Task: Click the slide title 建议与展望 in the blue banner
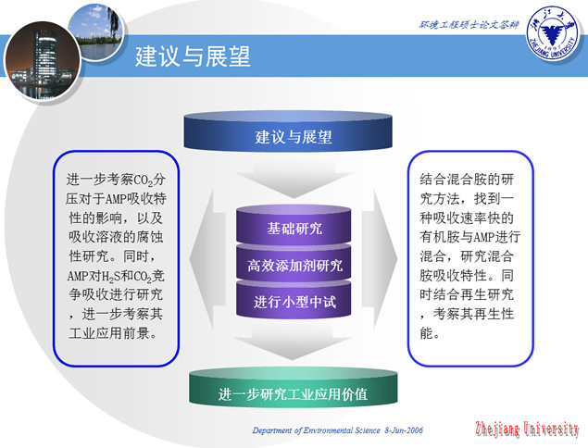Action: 193,56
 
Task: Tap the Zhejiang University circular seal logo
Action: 553,33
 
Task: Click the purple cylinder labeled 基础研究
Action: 294,224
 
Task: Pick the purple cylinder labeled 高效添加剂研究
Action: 294,263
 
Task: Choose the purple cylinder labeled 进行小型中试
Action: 294,300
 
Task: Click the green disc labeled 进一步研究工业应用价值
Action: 293,388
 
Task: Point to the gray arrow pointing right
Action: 380,258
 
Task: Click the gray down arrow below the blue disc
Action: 294,180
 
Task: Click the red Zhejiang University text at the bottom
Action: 527,429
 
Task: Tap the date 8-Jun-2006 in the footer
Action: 404,430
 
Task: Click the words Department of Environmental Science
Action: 316,430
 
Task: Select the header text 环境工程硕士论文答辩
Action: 469,25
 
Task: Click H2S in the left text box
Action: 110,277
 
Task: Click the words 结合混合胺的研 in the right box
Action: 467,180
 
